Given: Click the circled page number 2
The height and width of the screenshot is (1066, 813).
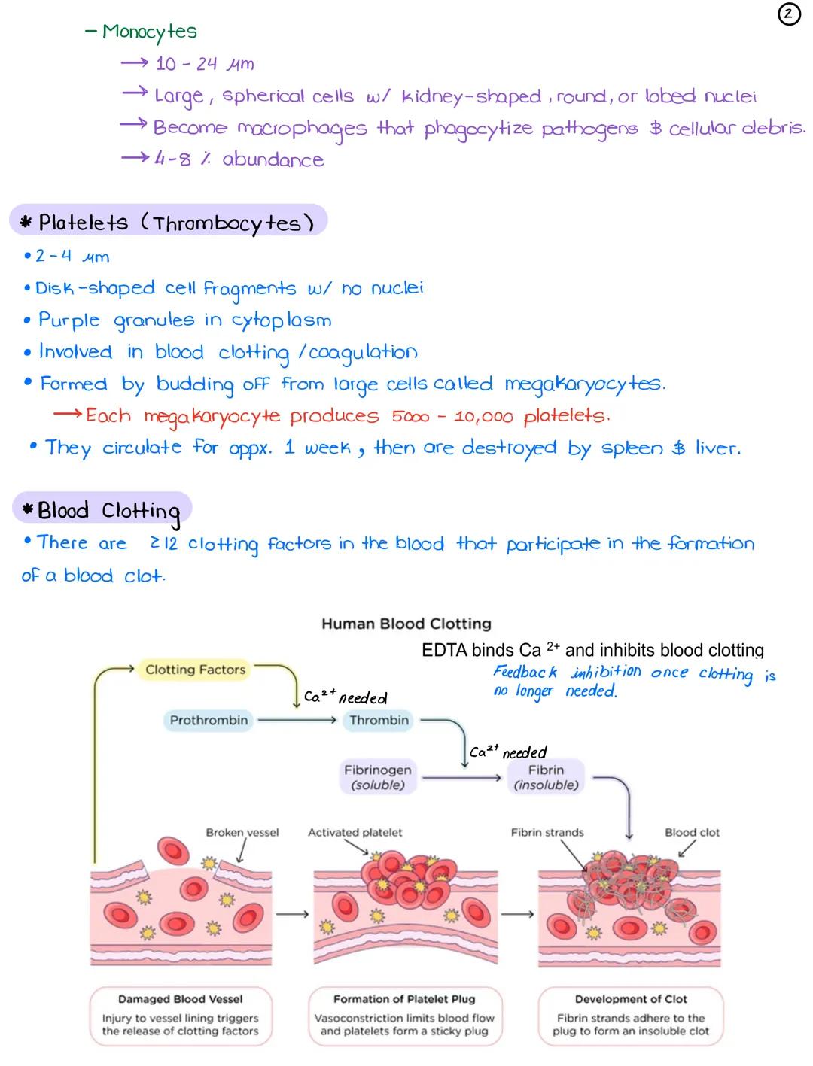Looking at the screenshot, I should pyautogui.click(x=788, y=14).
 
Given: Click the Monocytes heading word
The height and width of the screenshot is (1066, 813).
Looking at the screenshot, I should pyautogui.click(x=149, y=32).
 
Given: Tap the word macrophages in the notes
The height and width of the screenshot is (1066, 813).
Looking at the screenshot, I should pyautogui.click(x=302, y=129).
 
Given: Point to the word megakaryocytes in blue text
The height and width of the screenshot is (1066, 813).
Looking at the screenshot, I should pyautogui.click(x=583, y=384).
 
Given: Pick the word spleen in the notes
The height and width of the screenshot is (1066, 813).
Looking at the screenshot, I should pyautogui.click(x=632, y=448).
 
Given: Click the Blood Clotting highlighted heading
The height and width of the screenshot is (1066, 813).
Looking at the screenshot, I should pyautogui.click(x=103, y=511).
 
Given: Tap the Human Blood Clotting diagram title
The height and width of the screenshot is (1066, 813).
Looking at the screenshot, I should pyautogui.click(x=406, y=624).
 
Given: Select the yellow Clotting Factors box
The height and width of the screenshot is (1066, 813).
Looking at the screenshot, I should pyautogui.click(x=195, y=670).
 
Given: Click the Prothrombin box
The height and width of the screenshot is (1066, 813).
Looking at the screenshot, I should pyautogui.click(x=209, y=720).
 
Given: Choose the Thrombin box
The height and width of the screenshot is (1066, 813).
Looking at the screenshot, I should pyautogui.click(x=379, y=720).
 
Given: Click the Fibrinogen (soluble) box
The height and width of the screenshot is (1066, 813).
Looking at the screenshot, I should pyautogui.click(x=378, y=777).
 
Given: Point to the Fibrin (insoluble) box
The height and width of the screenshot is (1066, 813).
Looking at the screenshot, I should pyautogui.click(x=546, y=777).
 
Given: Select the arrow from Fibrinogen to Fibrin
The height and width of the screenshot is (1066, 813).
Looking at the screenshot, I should pyautogui.click(x=461, y=778).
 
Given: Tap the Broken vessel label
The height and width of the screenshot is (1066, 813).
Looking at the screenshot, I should pyautogui.click(x=242, y=832).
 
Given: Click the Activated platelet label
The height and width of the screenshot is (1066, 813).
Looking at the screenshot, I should pyautogui.click(x=355, y=832).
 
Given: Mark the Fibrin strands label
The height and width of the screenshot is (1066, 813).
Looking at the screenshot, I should pyautogui.click(x=547, y=832).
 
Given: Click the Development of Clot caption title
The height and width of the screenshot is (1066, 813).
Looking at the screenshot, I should pyautogui.click(x=631, y=999).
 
